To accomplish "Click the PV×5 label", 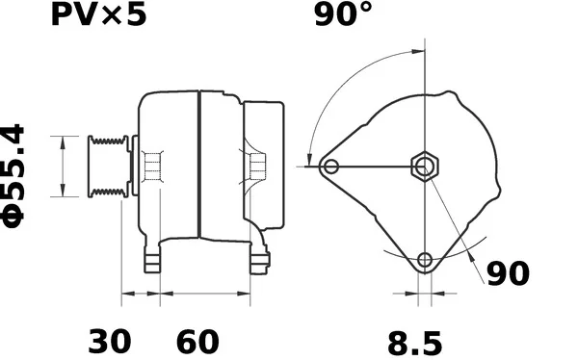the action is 98,15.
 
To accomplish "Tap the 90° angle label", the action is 343,14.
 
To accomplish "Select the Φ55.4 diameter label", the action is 13,176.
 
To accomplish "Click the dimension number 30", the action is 110,342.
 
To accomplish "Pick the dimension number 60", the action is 197,342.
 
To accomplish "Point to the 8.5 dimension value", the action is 414,344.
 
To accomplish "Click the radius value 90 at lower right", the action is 508,273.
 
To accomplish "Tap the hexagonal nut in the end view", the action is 425,167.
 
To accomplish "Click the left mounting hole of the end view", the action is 330,167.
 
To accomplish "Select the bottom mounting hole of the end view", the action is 425,259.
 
